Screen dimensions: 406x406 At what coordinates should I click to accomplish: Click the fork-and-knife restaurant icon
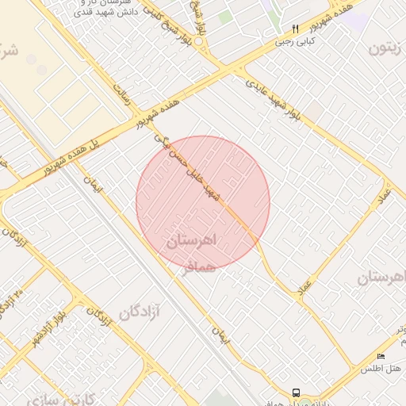[296, 28]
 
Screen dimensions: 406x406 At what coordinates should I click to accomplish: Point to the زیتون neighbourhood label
[388, 48]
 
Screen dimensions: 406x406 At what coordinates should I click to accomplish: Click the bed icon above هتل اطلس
[381, 356]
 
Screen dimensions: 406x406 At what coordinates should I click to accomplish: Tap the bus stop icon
[296, 393]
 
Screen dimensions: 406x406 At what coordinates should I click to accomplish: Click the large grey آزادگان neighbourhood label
[140, 312]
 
